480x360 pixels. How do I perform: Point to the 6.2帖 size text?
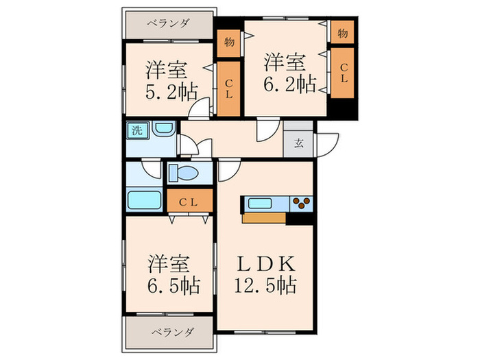pos(291,85)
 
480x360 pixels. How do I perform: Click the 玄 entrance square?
pos(299,143)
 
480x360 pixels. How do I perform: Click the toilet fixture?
pos(184,172)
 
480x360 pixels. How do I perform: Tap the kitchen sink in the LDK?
pos(264,202)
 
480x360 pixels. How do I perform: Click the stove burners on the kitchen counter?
pos(301,202)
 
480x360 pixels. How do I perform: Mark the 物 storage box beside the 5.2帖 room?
pos(229,43)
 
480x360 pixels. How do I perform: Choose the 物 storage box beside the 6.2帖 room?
pos(342,32)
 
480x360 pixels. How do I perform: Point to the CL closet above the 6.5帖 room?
pos(189,202)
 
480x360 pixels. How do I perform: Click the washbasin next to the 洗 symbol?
pos(163,129)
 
